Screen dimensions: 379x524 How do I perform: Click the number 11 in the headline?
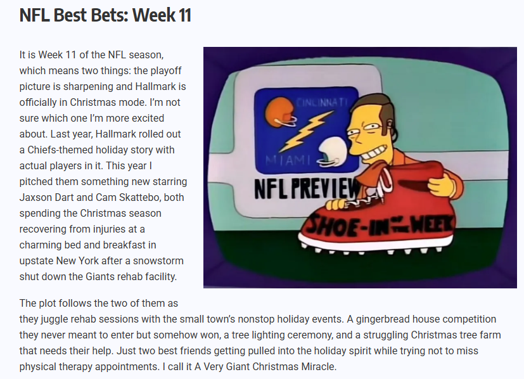point(181,15)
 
